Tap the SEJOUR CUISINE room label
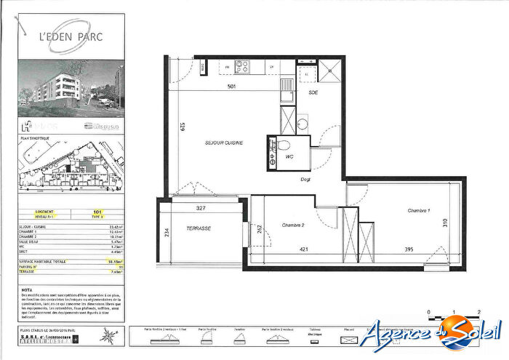[223, 143]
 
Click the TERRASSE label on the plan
[198, 228]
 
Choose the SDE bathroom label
[313, 94]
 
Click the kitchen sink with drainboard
[287, 87]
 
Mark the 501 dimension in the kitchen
[232, 86]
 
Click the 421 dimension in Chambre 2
[305, 249]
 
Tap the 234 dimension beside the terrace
[167, 233]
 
